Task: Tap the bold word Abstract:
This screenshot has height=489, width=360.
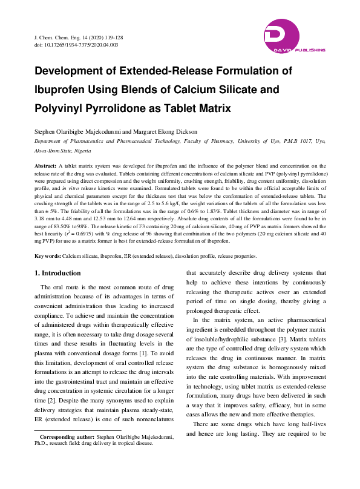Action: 45,165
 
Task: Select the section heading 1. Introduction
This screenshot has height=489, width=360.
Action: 62,273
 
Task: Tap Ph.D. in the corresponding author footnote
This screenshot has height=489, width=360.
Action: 42,443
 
